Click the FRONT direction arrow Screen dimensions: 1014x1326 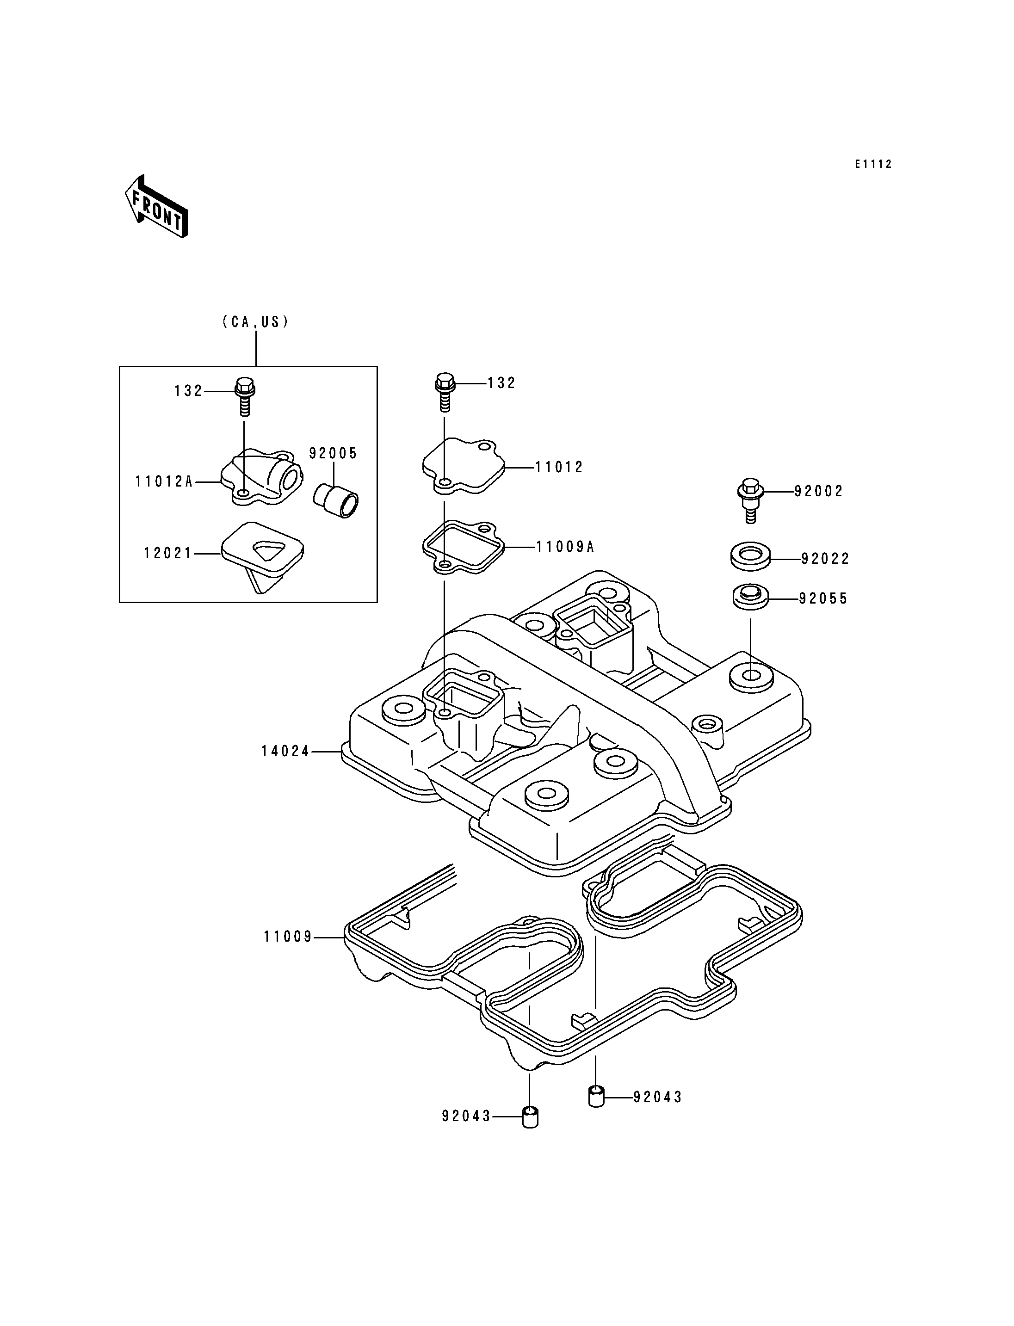tap(156, 206)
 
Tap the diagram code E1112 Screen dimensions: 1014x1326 tap(873, 164)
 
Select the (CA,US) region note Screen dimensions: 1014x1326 tap(256, 322)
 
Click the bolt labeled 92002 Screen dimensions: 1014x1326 tap(751, 500)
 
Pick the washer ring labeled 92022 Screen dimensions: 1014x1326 tap(751, 556)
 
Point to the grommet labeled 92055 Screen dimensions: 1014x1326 tap(751, 598)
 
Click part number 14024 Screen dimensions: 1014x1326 tap(285, 752)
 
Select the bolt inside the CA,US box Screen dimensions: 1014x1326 tap(244, 395)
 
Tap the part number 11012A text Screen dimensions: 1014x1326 tap(164, 481)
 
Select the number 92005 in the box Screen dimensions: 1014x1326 tap(334, 453)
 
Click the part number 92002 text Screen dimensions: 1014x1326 tap(818, 491)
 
